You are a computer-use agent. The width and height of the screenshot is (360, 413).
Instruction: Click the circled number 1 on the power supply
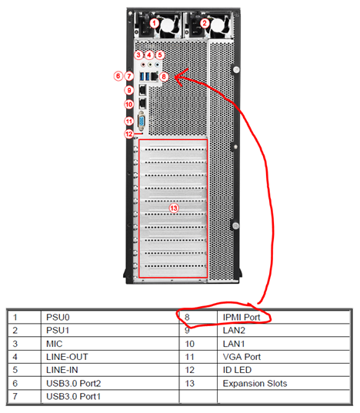click(x=155, y=23)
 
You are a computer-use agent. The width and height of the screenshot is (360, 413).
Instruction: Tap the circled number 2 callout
click(x=205, y=23)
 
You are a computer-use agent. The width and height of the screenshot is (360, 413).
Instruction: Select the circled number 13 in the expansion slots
click(x=174, y=208)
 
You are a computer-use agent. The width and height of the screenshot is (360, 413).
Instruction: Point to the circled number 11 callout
click(x=128, y=122)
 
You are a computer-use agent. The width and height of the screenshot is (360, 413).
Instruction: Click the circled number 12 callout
click(x=128, y=134)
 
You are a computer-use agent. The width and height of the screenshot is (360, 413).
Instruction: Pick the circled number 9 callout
click(x=129, y=90)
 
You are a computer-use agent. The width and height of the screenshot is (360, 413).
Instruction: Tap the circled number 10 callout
click(x=128, y=105)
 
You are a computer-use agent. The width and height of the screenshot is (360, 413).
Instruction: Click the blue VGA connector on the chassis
click(x=142, y=122)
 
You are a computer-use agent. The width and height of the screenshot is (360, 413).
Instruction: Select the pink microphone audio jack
click(x=143, y=65)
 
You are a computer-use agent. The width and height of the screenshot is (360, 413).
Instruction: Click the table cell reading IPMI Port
click(x=242, y=317)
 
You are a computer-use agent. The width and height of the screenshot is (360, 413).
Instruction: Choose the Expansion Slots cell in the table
click(x=255, y=383)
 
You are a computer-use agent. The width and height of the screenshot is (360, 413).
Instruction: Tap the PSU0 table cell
click(x=58, y=317)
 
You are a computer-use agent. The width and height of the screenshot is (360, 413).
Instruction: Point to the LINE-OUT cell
click(x=67, y=357)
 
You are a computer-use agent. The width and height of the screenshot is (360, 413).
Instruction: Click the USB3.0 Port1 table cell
click(x=74, y=396)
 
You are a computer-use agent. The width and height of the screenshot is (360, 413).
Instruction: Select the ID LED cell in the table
click(x=237, y=370)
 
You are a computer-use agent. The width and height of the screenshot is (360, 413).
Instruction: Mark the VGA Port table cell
click(x=242, y=357)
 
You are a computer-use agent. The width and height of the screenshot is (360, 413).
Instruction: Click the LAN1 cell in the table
click(x=234, y=344)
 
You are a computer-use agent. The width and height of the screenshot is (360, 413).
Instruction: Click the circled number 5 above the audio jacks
click(x=160, y=55)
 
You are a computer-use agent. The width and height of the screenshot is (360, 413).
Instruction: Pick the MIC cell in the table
click(x=55, y=344)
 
